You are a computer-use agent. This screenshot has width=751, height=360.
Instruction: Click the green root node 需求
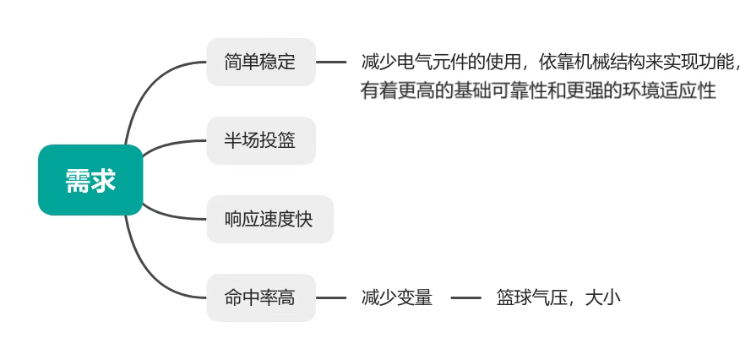[90, 180]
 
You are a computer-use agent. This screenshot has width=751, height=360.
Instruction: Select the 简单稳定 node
[260, 62]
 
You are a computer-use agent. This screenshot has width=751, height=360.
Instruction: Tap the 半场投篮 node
[260, 140]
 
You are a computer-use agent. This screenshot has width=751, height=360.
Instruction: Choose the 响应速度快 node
[269, 219]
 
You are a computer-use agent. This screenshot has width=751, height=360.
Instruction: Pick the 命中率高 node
[260, 297]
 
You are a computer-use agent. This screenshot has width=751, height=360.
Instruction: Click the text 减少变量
[396, 297]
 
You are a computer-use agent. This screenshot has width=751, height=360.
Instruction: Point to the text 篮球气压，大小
[558, 297]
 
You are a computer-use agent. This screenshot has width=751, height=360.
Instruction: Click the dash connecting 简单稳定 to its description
[331, 62]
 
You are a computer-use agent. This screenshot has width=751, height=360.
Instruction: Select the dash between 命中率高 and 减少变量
[331, 297]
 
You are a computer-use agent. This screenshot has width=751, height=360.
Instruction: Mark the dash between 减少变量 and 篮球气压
[465, 297]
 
